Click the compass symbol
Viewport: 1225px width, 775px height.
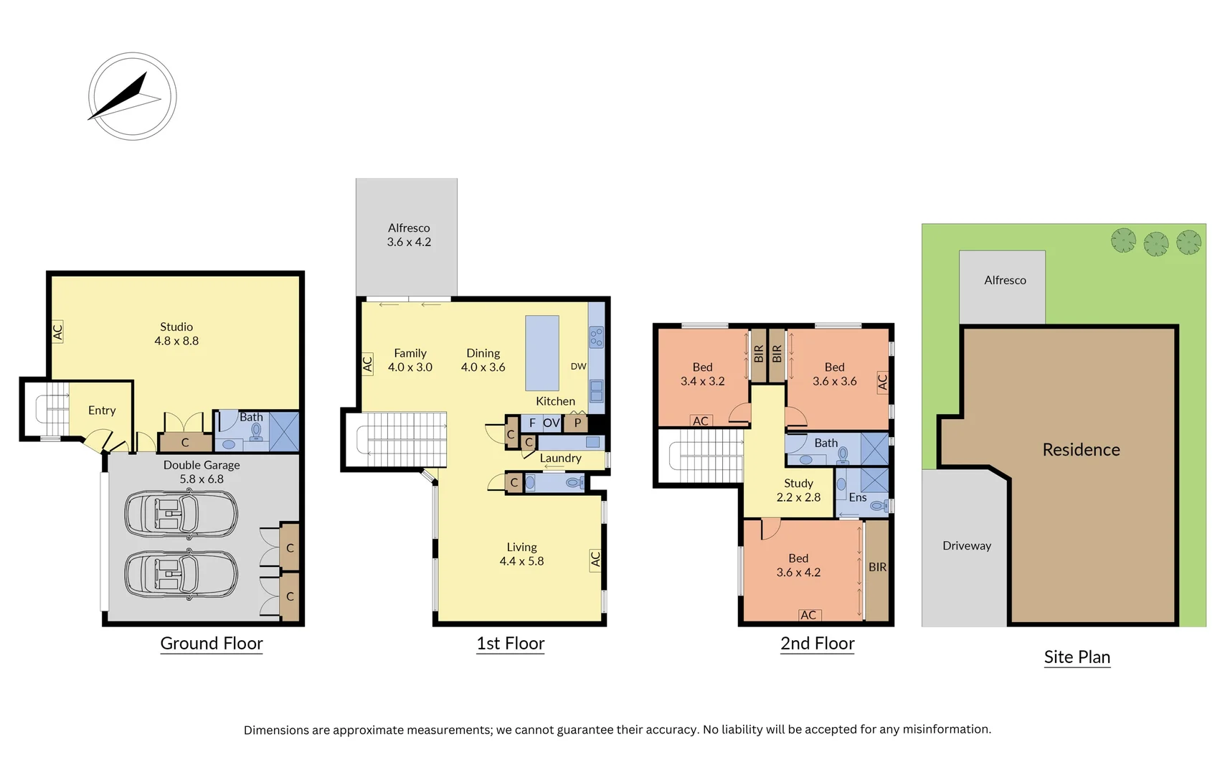tap(133, 96)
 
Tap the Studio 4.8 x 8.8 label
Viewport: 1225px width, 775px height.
tap(176, 334)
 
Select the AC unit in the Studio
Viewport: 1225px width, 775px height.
tap(57, 332)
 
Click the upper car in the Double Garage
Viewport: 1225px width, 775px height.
tap(181, 513)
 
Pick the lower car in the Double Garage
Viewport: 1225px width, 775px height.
tap(181, 574)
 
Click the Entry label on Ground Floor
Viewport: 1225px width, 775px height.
tap(102, 410)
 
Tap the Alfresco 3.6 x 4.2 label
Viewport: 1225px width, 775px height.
tap(409, 235)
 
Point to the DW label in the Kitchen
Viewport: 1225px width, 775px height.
tap(578, 366)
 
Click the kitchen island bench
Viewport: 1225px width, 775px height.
tap(542, 352)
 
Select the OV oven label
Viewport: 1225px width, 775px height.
tap(551, 423)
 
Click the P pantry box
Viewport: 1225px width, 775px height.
tap(577, 423)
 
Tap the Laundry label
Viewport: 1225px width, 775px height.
tap(560, 458)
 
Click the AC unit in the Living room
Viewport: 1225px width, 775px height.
tap(595, 559)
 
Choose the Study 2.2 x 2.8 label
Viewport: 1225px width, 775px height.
tap(798, 490)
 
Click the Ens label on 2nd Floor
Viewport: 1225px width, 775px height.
tap(858, 497)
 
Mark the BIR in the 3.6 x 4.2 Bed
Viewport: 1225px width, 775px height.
tap(877, 567)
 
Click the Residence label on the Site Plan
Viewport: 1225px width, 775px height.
tap(1081, 450)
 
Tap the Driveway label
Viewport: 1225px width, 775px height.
tap(967, 545)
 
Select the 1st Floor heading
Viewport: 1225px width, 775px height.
tap(511, 644)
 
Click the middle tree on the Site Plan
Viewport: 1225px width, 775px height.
tap(1155, 243)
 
